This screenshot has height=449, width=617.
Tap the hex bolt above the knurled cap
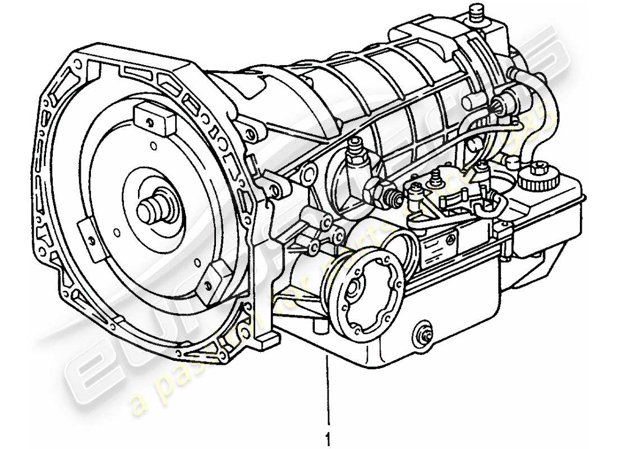(540, 166)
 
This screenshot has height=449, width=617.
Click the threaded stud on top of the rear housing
(478, 13)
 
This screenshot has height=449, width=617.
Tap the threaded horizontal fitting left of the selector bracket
(393, 196)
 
